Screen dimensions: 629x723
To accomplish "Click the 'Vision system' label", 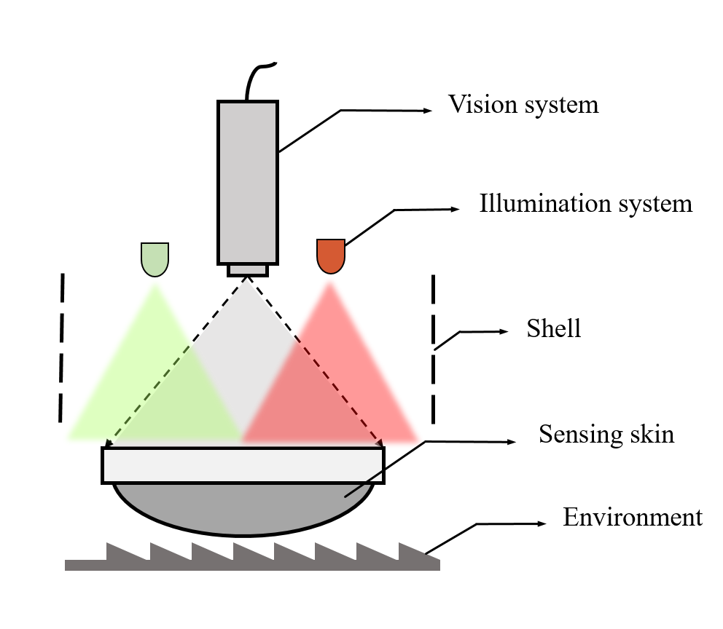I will (x=523, y=105).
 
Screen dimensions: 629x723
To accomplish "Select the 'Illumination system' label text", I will (x=585, y=203).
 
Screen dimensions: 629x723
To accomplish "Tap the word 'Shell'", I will (x=554, y=328).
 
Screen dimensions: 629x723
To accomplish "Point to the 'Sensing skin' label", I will (x=606, y=435).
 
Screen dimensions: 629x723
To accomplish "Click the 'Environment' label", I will (x=633, y=518).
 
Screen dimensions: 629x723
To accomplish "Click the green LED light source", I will (x=155, y=259).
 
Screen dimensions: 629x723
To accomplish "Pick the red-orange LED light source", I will (x=330, y=256).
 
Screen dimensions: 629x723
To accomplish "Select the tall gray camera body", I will (x=247, y=182).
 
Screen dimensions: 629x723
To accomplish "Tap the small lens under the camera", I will (x=247, y=270).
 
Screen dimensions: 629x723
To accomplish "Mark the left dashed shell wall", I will (x=62, y=348).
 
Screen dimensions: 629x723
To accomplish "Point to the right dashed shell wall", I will (x=434, y=348).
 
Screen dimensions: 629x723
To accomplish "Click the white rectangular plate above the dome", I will (x=243, y=465).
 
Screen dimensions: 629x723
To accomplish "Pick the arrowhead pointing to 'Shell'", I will (x=504, y=332).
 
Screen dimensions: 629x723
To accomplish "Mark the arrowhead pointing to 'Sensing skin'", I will (x=512, y=441).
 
